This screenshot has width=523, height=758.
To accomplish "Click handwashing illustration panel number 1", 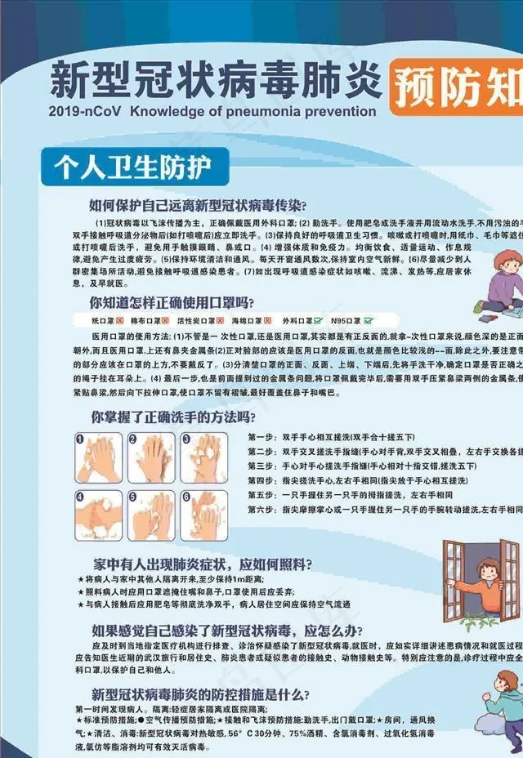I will coord(99,457).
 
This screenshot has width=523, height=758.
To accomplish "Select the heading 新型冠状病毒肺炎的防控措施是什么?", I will coord(200,695).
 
